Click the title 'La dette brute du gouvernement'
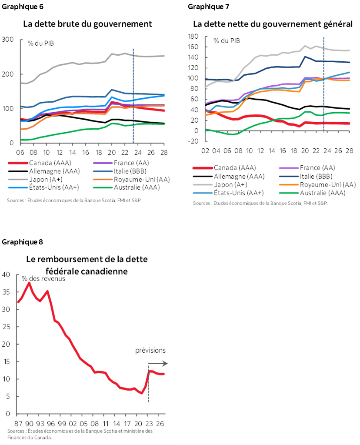click(87, 24)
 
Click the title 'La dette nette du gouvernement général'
click(273, 24)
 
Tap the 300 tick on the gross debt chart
click(8, 40)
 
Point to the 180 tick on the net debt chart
click(193, 37)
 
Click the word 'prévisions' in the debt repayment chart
click(150, 350)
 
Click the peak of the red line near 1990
click(29, 283)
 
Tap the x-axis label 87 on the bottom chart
click(19, 423)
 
